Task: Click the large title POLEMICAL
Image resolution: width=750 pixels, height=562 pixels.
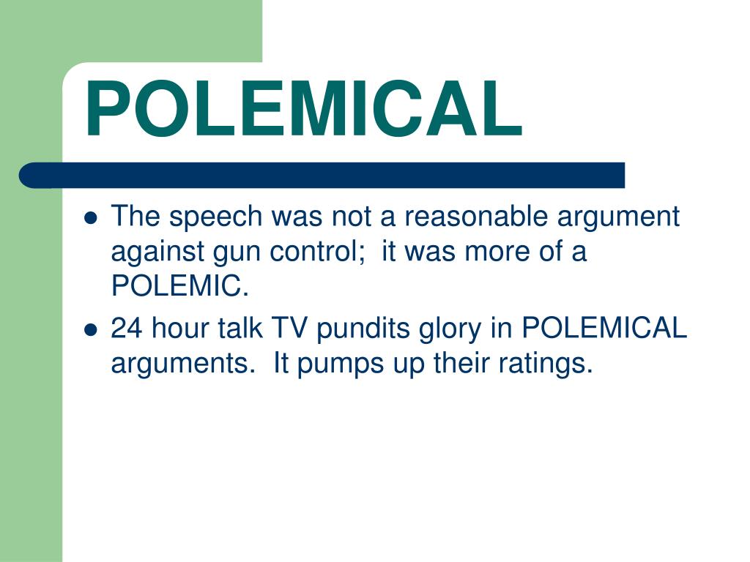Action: [303, 110]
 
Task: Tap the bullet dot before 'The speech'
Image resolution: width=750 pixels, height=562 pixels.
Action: [91, 218]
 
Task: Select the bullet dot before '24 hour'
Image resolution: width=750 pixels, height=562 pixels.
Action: [91, 330]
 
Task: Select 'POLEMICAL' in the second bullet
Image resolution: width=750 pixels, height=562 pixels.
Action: [604, 329]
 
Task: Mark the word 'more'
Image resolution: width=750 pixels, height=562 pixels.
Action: [502, 252]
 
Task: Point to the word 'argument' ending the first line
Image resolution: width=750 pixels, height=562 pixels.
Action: [619, 218]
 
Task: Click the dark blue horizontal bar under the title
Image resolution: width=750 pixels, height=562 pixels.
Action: [322, 176]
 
